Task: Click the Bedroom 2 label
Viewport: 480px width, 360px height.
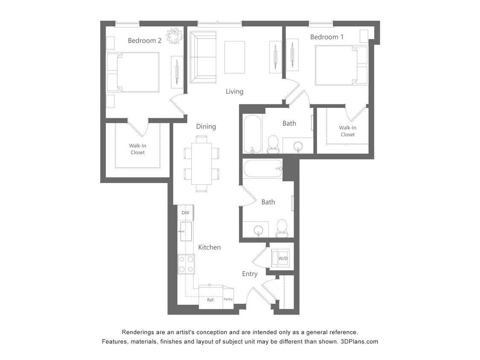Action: (145, 41)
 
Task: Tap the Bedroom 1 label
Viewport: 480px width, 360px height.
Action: (327, 37)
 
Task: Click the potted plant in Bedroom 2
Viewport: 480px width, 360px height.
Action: (174, 35)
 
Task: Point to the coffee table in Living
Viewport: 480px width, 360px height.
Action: (234, 57)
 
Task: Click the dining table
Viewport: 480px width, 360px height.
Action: (201, 163)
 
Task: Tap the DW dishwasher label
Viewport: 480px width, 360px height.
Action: (185, 212)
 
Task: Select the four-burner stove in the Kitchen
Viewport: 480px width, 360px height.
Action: (186, 264)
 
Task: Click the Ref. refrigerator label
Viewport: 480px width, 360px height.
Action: (211, 300)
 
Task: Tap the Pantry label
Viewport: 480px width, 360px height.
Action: (228, 299)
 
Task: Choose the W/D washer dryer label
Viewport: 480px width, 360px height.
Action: (283, 258)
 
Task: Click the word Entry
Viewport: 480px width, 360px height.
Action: (250, 274)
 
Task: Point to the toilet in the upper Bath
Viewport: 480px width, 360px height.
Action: (273, 144)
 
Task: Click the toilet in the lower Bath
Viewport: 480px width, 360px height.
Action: (282, 228)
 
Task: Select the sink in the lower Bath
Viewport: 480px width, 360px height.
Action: (257, 231)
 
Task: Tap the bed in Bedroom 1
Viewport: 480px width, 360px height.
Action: (336, 65)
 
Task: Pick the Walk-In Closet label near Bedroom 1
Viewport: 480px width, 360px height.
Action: (347, 131)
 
